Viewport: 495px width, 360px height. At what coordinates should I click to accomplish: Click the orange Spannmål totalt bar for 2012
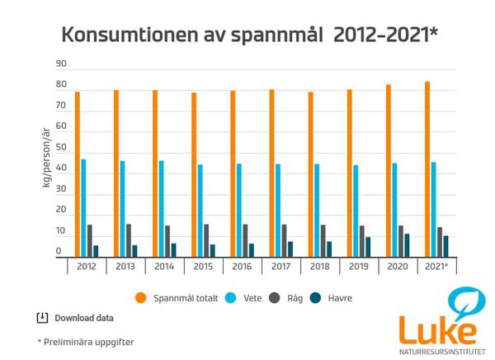tap(78, 174)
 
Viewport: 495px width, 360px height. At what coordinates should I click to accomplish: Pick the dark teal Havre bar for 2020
tap(407, 245)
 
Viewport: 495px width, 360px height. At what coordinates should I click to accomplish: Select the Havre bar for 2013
tap(135, 251)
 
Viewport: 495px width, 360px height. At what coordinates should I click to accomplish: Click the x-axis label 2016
tap(241, 267)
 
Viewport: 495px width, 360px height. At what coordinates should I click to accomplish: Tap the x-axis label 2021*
tap(436, 267)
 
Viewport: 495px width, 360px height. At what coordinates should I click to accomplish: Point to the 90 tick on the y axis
tap(61, 64)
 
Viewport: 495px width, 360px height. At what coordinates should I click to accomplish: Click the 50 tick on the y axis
tap(61, 149)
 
